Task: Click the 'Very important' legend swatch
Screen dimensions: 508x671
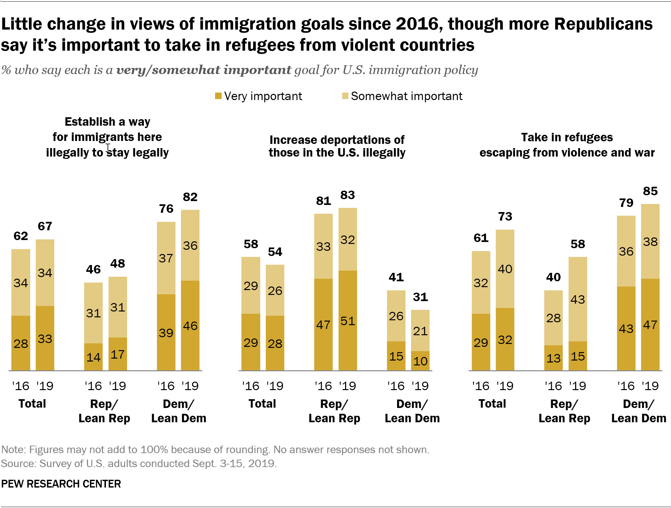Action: [218, 96]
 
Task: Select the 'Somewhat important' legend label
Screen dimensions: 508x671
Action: [406, 96]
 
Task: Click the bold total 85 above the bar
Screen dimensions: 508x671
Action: [650, 191]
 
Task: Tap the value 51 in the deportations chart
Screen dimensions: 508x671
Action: [347, 321]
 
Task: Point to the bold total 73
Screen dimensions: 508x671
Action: [505, 216]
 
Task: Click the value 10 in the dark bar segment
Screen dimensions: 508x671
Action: [420, 361]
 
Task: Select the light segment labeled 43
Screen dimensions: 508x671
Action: [577, 299]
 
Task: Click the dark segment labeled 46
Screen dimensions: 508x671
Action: [190, 325]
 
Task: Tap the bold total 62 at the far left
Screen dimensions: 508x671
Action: [20, 236]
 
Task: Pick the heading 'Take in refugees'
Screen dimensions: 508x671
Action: [567, 137]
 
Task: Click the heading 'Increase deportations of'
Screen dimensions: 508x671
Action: [337, 140]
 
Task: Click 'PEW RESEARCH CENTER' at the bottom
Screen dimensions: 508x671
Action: [61, 484]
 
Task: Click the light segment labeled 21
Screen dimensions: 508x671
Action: [420, 331]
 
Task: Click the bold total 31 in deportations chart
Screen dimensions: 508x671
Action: [420, 297]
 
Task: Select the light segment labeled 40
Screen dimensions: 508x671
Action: [505, 269]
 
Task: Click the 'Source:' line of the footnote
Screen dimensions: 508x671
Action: [139, 463]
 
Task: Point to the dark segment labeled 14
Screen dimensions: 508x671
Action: [93, 357]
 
